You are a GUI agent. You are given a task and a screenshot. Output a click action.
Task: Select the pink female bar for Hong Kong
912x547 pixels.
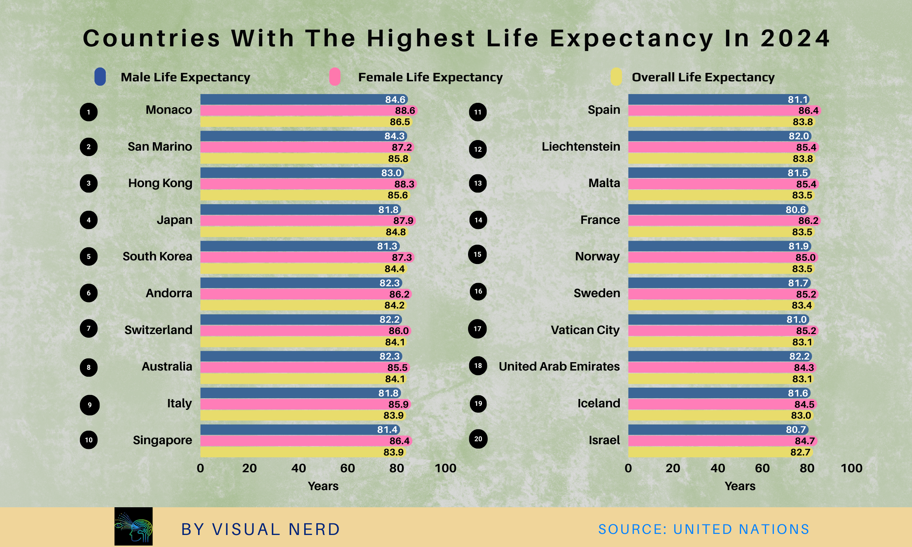pyautogui.click(x=295, y=184)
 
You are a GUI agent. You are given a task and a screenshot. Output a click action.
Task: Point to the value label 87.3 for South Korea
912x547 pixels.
pyautogui.click(x=402, y=258)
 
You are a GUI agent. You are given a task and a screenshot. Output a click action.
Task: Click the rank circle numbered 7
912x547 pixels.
pyautogui.click(x=89, y=329)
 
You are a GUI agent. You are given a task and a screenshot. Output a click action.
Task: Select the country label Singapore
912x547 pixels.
pyautogui.click(x=162, y=440)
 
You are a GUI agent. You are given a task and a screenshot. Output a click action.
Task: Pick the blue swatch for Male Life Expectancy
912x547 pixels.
pyautogui.click(x=100, y=77)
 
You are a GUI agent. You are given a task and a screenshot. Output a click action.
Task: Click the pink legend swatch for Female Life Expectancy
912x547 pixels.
pyautogui.click(x=335, y=77)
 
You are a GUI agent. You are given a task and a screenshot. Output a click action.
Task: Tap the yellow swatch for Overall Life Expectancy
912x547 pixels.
pyautogui.click(x=616, y=77)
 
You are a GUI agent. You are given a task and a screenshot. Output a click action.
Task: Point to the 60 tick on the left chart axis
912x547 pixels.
pyautogui.click(x=347, y=468)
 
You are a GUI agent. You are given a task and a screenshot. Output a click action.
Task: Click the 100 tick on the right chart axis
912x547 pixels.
pyautogui.click(x=851, y=468)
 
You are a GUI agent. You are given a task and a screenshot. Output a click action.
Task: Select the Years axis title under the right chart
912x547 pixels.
pyautogui.click(x=740, y=486)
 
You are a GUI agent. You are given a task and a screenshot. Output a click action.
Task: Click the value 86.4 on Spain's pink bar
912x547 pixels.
pyautogui.click(x=808, y=110)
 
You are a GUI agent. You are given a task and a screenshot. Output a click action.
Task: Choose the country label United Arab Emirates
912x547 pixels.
pyautogui.click(x=559, y=366)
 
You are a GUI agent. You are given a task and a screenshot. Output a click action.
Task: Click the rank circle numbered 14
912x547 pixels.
pyautogui.click(x=478, y=220)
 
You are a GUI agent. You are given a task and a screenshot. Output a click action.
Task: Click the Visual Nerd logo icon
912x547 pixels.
pyautogui.click(x=134, y=526)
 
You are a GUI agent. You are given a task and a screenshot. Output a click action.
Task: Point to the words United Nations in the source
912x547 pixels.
pyautogui.click(x=741, y=529)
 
